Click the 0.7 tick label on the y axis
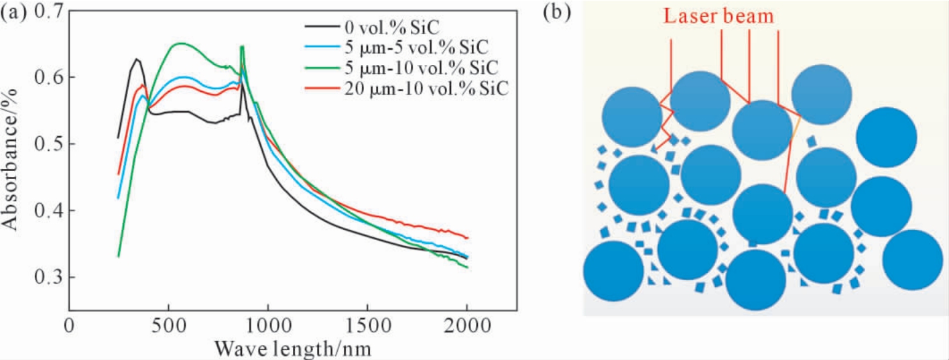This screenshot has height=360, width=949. click(x=48, y=11)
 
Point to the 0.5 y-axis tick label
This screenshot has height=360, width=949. click(x=48, y=143)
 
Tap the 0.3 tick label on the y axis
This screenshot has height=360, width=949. click(x=48, y=278)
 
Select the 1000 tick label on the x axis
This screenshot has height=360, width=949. click(x=268, y=326)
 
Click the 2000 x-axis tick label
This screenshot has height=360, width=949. click(x=467, y=326)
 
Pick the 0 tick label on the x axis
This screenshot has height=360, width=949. click(x=69, y=326)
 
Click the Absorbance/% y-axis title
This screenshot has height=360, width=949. click(x=11, y=160)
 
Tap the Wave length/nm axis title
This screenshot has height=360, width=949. click(x=293, y=349)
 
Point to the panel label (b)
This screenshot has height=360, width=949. click(x=557, y=12)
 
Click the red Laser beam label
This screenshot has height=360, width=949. click(x=719, y=17)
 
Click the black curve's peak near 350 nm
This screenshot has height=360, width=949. click(x=137, y=59)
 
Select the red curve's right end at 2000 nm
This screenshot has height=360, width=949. click(x=467, y=238)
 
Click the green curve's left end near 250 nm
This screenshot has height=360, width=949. click(x=119, y=257)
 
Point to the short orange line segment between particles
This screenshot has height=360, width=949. click(x=796, y=130)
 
